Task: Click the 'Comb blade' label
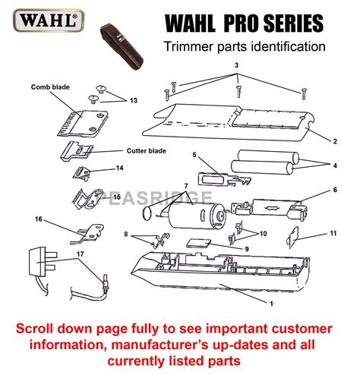click(x=50, y=87)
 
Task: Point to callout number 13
click(x=134, y=101)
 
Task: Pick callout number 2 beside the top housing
click(x=333, y=141)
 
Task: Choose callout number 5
click(x=194, y=155)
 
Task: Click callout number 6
click(x=335, y=190)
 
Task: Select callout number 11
click(x=333, y=235)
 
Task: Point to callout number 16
click(x=39, y=219)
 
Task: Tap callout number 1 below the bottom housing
click(x=273, y=303)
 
